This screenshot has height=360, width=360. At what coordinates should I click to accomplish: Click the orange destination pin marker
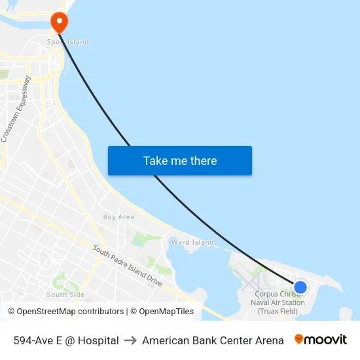(x=60, y=22)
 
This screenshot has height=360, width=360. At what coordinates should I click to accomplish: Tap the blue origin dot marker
(x=300, y=287)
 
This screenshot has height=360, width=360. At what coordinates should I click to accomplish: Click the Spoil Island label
(x=67, y=42)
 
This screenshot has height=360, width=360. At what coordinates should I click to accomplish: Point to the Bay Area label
(x=118, y=217)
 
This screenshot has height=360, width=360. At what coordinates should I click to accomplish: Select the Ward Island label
(x=192, y=242)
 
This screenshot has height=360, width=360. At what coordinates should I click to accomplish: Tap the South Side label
(x=65, y=295)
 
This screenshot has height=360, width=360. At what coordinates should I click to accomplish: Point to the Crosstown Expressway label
(x=16, y=109)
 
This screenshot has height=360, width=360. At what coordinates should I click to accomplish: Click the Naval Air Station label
(x=279, y=302)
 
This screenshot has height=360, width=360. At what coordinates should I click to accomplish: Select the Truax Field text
(x=279, y=311)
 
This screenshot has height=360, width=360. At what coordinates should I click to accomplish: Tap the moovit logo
(x=320, y=340)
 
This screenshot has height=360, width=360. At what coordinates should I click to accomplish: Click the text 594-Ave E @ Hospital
(x=66, y=340)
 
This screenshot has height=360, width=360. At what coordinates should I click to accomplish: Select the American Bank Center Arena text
(x=213, y=340)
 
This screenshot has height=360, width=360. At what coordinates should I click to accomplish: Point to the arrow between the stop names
(x=130, y=340)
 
